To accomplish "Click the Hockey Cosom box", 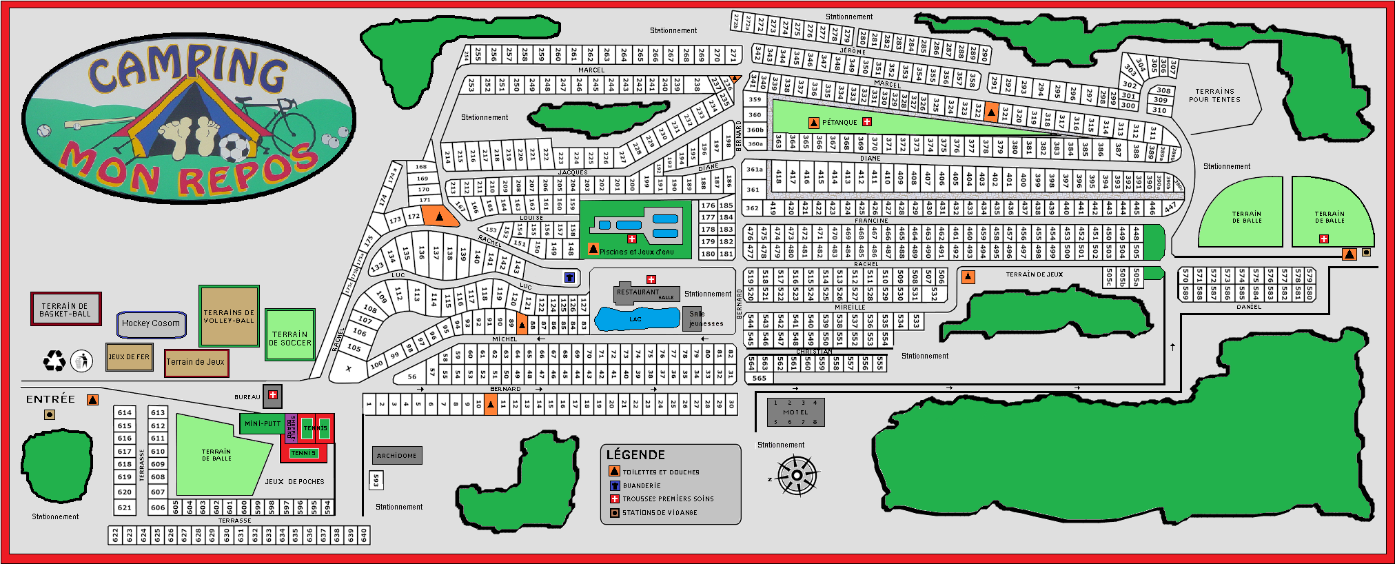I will pyautogui.click(x=151, y=324).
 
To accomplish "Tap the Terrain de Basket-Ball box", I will pyautogui.click(x=65, y=310).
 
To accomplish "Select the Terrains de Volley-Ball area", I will pyautogui.click(x=229, y=316).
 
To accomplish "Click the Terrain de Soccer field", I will pyautogui.click(x=290, y=336).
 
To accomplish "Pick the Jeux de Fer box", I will pyautogui.click(x=129, y=357).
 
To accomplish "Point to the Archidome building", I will pyautogui.click(x=397, y=456).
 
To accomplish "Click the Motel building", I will pyautogui.click(x=795, y=412).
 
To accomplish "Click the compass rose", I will pyautogui.click(x=797, y=476).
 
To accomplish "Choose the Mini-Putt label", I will pyautogui.click(x=263, y=424).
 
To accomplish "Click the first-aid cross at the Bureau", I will pyautogui.click(x=273, y=395).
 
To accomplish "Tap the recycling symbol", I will pyautogui.click(x=54, y=361).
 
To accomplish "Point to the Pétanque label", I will pyautogui.click(x=839, y=123).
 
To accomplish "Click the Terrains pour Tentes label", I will pyautogui.click(x=1214, y=96).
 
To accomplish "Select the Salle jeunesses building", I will pyautogui.click(x=693, y=319).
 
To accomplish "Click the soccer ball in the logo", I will pyautogui.click(x=234, y=147).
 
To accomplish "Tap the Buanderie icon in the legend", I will pyautogui.click(x=615, y=485).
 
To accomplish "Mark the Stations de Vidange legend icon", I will pyautogui.click(x=615, y=513).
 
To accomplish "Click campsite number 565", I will pyautogui.click(x=760, y=378).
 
